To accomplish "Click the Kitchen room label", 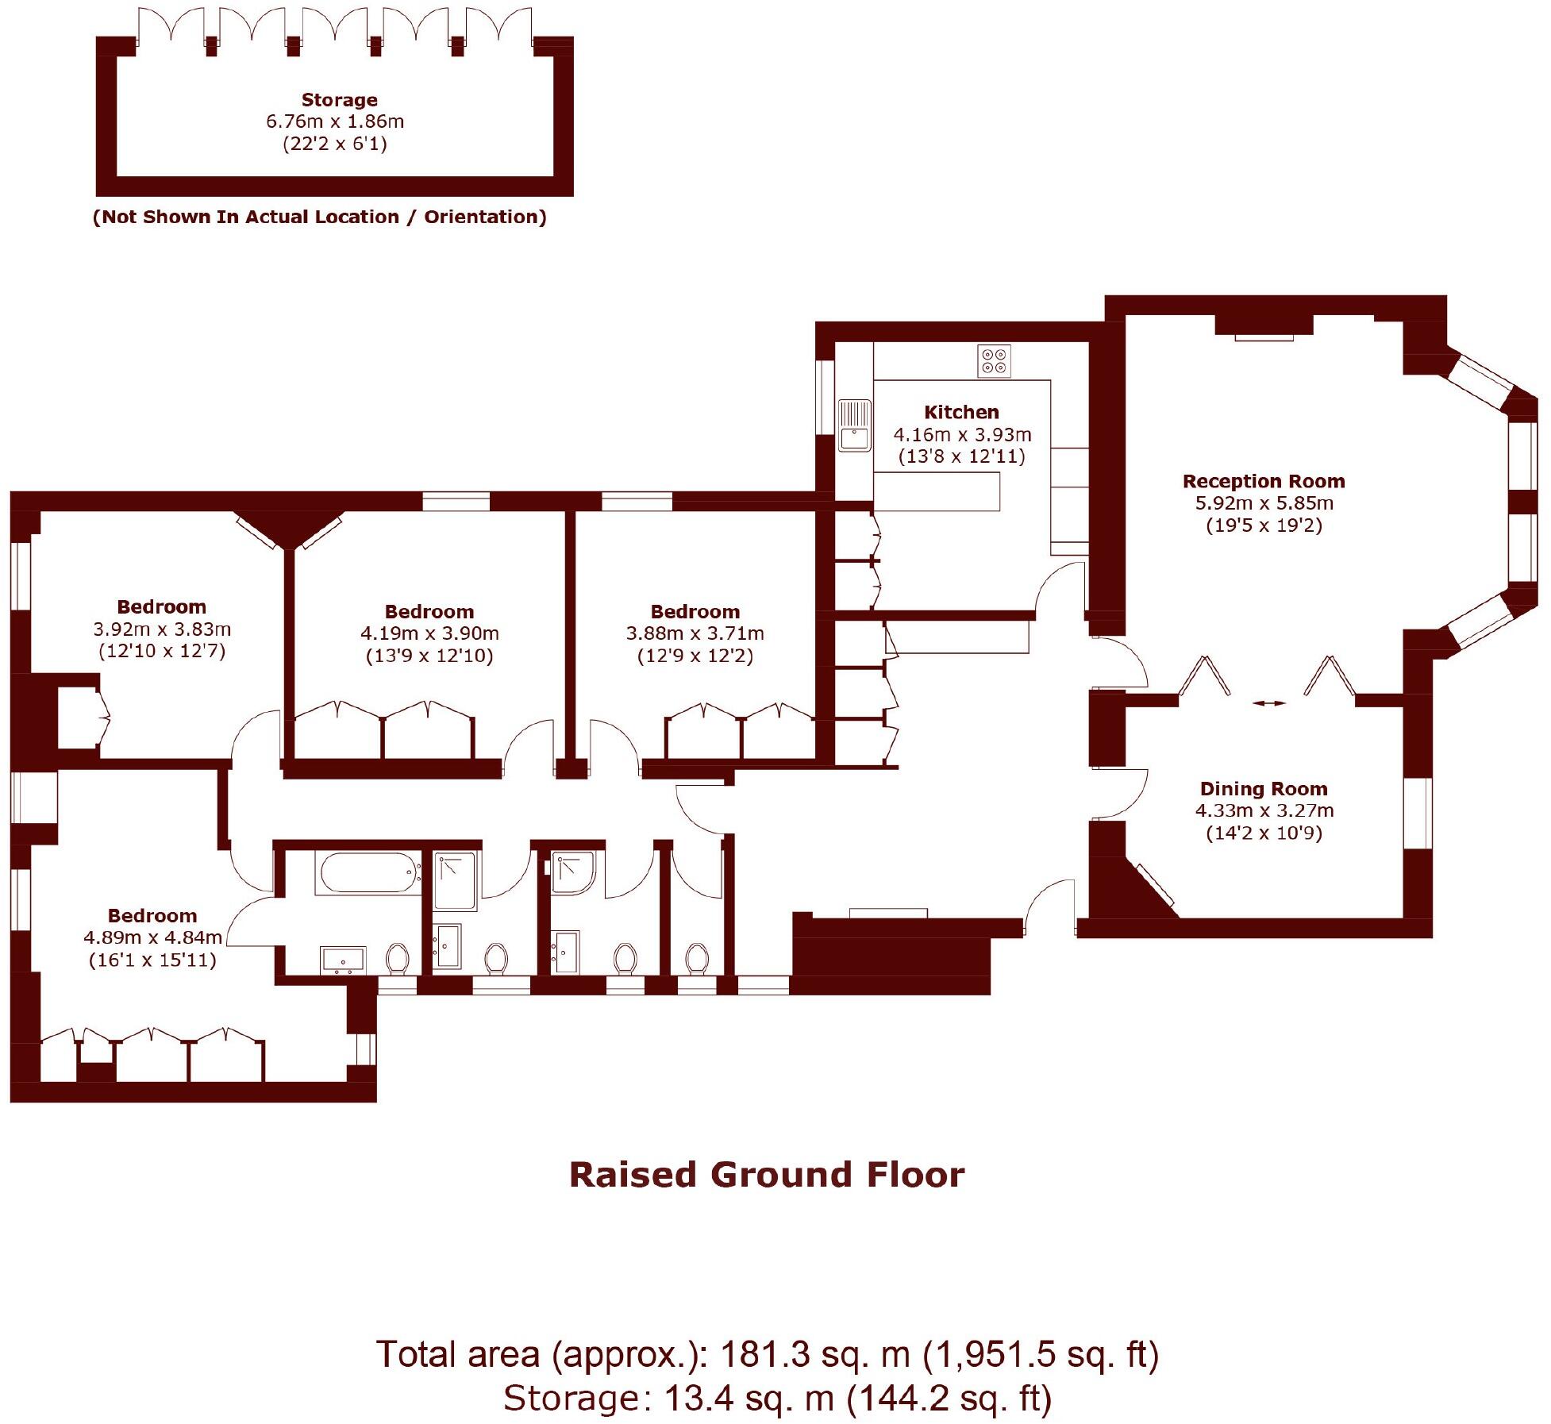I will (961, 412).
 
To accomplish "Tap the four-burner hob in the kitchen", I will (994, 361).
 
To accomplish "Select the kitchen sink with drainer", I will (855, 425).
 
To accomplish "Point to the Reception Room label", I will (1264, 481).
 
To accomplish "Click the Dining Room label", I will (1264, 788).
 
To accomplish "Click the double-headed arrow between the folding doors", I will (1268, 703).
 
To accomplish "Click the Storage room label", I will (339, 100).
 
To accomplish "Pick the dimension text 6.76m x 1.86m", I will (335, 121).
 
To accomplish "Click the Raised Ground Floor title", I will (767, 1176).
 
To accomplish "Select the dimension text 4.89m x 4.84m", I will (152, 937).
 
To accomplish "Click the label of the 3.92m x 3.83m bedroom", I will (162, 607).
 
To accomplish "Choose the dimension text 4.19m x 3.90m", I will (429, 633).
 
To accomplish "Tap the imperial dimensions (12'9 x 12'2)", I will (695, 656).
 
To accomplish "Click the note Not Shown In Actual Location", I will (320, 217).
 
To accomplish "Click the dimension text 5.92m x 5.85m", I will (1264, 503).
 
